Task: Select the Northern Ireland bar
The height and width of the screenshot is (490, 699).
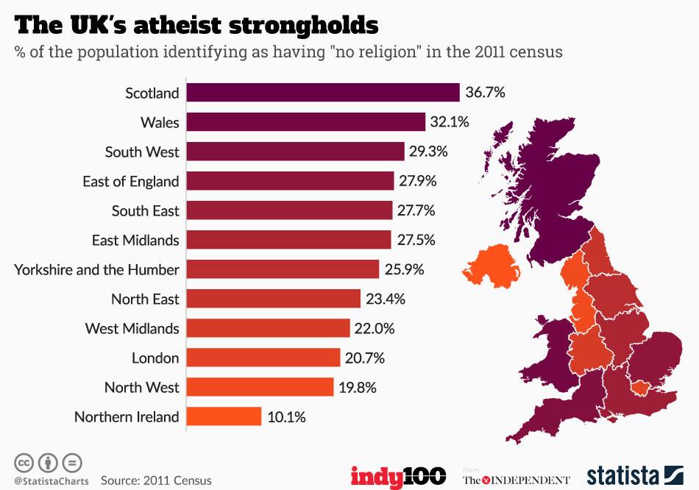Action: point(224,416)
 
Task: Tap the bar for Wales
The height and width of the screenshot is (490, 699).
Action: point(305,122)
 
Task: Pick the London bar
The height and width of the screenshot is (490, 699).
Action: point(263,358)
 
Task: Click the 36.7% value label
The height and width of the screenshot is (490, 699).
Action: point(485,93)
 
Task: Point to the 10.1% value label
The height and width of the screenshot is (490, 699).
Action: point(286,416)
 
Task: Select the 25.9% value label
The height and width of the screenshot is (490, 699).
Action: point(404,269)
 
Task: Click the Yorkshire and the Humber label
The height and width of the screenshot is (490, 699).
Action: point(96,269)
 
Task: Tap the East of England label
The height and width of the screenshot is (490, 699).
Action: point(130,181)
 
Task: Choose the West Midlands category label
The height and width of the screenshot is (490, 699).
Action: point(132,328)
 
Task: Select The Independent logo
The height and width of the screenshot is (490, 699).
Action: point(516,478)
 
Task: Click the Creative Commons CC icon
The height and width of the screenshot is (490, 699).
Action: point(24,463)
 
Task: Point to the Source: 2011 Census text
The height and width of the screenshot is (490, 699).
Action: point(156,480)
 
